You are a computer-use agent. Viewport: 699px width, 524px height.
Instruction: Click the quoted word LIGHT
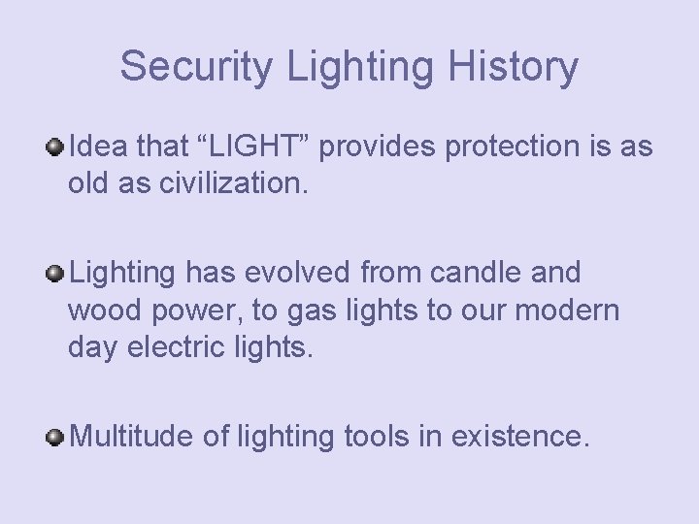243,147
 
